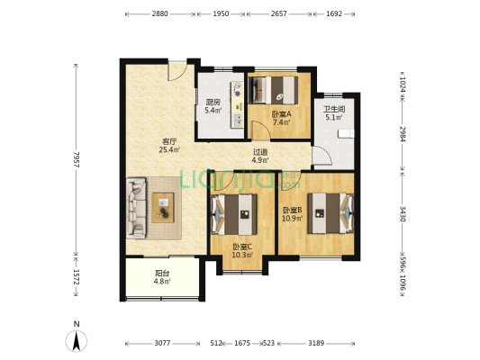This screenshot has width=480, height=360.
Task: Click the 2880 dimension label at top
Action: [x=159, y=13]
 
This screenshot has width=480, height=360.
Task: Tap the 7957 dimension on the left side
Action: [x=77, y=159]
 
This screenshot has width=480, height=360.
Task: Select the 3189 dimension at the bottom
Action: [x=316, y=343]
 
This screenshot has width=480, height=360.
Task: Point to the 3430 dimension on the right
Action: [x=403, y=214]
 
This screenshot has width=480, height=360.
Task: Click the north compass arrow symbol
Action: [x=77, y=340]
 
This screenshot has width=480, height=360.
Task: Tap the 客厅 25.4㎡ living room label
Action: [x=169, y=146]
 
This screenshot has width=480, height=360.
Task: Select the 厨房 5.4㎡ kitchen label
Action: [x=213, y=106]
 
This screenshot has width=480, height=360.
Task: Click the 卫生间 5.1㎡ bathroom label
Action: [x=334, y=112]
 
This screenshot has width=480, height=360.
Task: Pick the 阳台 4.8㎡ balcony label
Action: [x=162, y=277]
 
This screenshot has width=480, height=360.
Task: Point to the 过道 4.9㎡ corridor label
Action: [x=260, y=156]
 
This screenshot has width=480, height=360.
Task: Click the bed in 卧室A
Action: [x=274, y=90]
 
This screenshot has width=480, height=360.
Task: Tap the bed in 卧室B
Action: [x=331, y=213]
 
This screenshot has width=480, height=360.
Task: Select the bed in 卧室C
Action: [x=234, y=214]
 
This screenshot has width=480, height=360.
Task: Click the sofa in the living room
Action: [x=137, y=208]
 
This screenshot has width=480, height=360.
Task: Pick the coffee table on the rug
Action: [x=163, y=207]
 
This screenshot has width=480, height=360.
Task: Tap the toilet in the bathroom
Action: [x=346, y=134]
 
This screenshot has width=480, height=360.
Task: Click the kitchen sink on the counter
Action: [x=238, y=120]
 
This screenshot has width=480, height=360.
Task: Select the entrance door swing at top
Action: [x=177, y=72]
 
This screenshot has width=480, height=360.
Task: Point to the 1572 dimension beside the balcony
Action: [x=77, y=276]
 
